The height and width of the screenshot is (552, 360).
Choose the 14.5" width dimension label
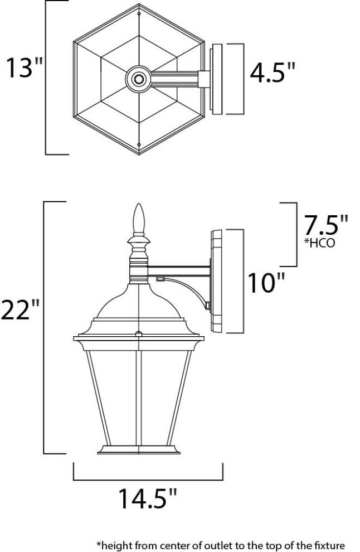(x=148, y=498)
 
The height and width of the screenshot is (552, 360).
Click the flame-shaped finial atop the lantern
(x=139, y=220)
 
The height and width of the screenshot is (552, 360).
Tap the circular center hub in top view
(x=138, y=79)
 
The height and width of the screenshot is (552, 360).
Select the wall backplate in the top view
(x=217, y=79)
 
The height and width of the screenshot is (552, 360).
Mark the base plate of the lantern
(x=139, y=449)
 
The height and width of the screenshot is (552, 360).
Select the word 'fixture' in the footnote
(x=326, y=544)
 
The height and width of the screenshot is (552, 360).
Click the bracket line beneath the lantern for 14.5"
(x=148, y=478)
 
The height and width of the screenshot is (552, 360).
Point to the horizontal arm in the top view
(x=175, y=79)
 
